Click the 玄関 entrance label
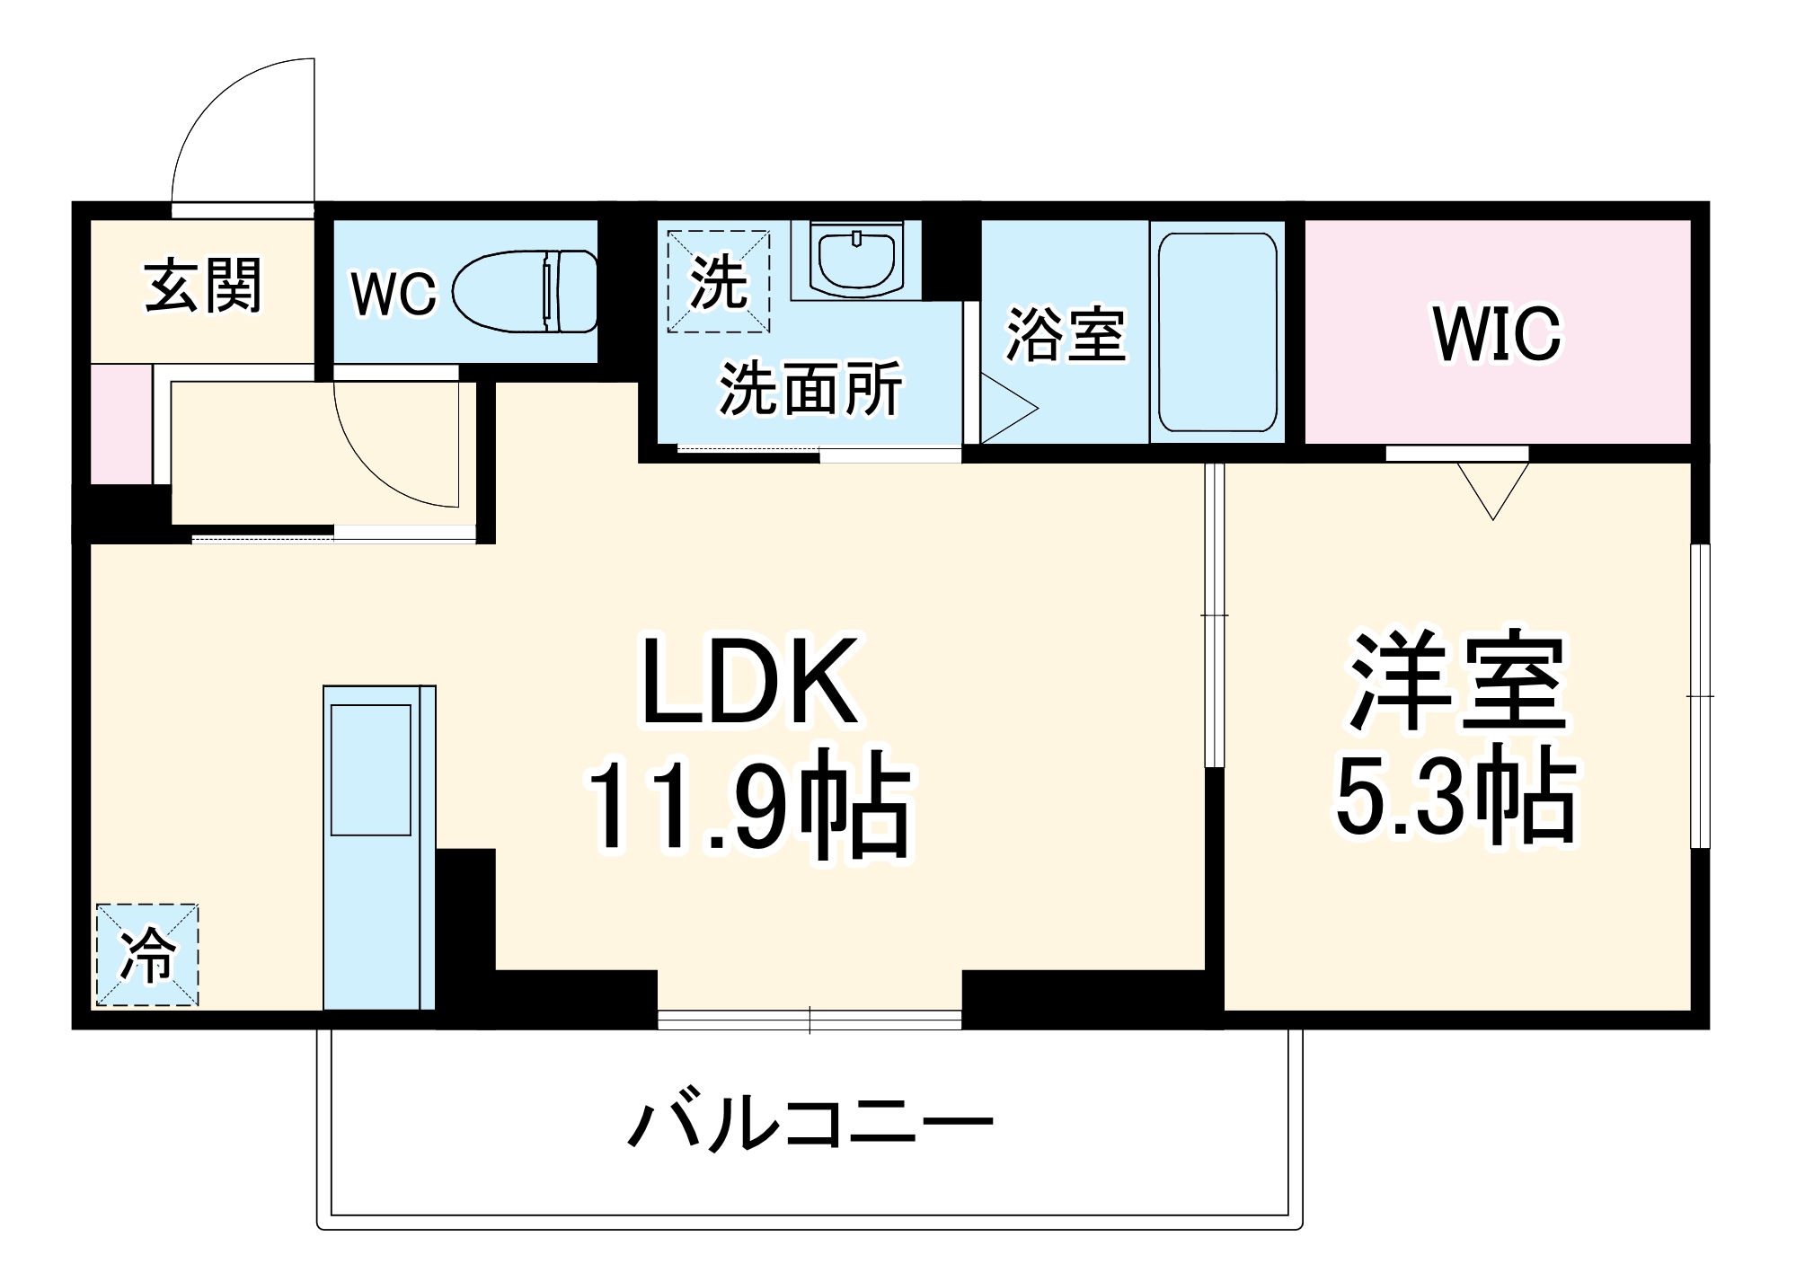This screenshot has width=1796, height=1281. click(x=203, y=286)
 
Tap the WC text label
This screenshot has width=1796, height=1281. click(x=393, y=293)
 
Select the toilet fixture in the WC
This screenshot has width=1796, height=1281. click(x=526, y=292)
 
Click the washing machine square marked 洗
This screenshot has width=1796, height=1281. click(x=718, y=281)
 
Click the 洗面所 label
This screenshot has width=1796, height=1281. click(x=810, y=390)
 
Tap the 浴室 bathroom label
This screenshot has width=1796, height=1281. click(x=1065, y=334)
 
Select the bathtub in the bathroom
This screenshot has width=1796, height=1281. click(x=1217, y=332)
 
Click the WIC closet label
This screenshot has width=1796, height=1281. click(x=1497, y=334)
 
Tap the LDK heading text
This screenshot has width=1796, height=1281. click(x=748, y=681)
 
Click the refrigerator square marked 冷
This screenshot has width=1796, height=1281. click(x=147, y=954)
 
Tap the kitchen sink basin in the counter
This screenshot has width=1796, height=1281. click(x=370, y=770)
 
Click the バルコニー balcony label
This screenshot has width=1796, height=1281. click(x=810, y=1124)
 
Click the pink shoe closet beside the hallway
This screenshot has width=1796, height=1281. click(x=121, y=423)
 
